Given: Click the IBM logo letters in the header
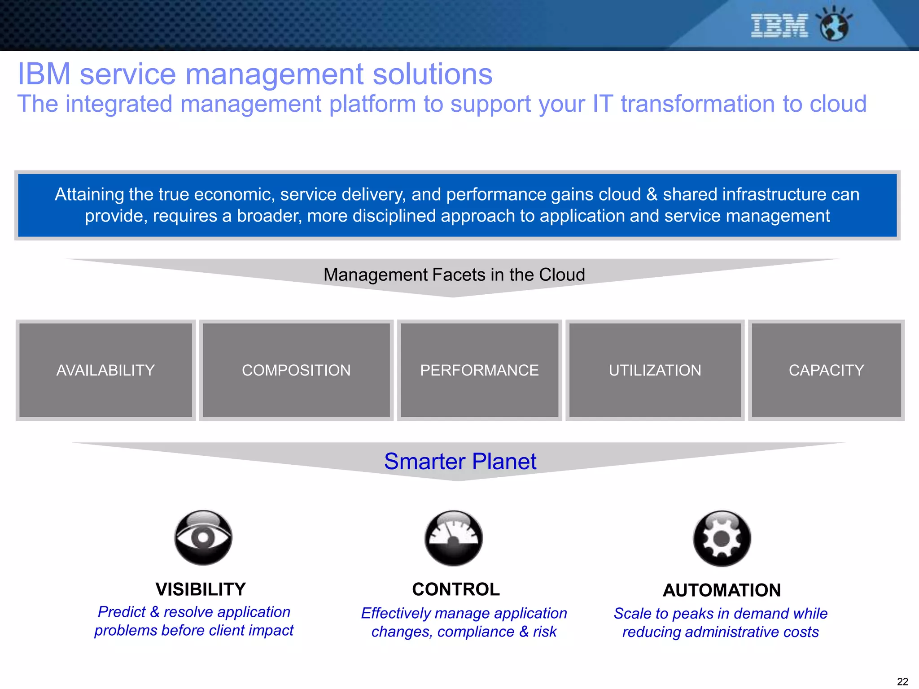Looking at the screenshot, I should [779, 26].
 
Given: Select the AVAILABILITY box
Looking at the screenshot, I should [105, 371].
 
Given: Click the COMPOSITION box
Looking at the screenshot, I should [296, 371].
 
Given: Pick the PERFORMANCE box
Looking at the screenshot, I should [479, 371].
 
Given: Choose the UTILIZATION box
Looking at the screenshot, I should [655, 371].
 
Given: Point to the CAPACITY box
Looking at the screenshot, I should [826, 371].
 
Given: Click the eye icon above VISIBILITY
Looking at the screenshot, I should [203, 537].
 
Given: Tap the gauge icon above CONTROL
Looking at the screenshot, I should [454, 538].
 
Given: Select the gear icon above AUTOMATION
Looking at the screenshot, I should [722, 538].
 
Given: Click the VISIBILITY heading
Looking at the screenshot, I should [201, 589].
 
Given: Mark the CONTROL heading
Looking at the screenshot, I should [456, 589].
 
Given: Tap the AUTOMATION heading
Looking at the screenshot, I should [722, 590].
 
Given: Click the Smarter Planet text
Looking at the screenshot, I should [460, 462].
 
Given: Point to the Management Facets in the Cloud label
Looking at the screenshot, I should [454, 275].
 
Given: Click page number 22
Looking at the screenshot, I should [902, 681].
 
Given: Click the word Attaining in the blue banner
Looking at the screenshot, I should [89, 195].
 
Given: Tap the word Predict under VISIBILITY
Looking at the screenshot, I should [122, 612].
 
